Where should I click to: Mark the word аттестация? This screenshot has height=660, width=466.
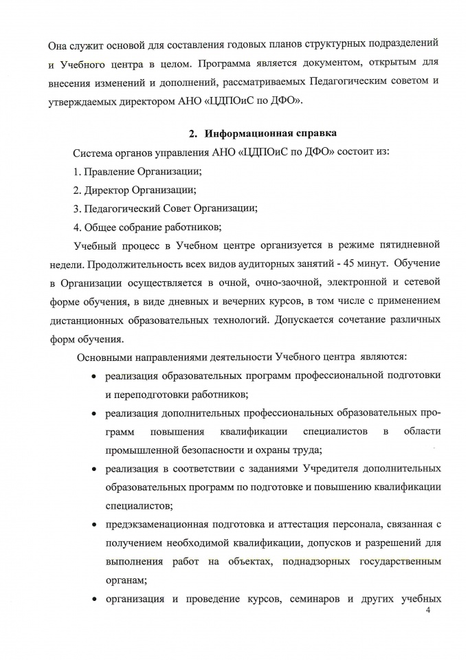pos(309,525)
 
